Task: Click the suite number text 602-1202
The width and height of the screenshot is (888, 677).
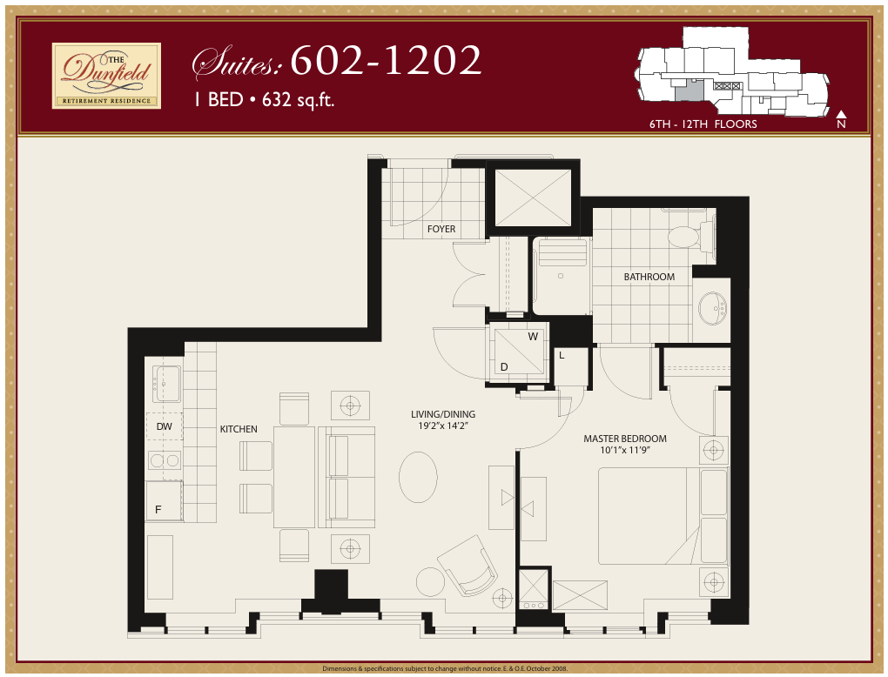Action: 386,60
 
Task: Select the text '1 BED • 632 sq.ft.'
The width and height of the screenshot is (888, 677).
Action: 264,99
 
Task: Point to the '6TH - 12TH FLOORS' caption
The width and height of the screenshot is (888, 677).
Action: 703,124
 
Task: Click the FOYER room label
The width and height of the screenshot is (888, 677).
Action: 441,230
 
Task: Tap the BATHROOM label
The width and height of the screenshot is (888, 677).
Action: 649,277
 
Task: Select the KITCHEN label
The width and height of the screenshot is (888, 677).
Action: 239,429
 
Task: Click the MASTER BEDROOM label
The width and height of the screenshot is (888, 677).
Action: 625,439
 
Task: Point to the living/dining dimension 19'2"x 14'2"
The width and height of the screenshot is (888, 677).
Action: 443,427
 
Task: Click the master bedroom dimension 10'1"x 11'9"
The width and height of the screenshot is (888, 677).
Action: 625,451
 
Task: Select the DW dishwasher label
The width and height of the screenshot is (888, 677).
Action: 164,426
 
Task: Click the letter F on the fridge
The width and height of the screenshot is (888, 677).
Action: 158,510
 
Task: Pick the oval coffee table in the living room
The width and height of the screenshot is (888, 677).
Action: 418,477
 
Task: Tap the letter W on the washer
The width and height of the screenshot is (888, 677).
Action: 531,336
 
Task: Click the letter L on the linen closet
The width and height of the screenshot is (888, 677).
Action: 562,355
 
